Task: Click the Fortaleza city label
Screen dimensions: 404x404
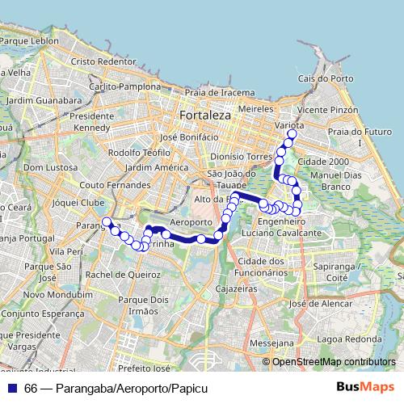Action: [x=205, y=116]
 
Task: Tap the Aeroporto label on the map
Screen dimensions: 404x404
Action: [x=191, y=221]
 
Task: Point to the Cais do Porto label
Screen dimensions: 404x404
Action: [x=326, y=78]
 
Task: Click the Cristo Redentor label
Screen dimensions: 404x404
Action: [x=103, y=61]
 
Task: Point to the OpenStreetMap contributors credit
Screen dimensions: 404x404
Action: [x=334, y=362]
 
